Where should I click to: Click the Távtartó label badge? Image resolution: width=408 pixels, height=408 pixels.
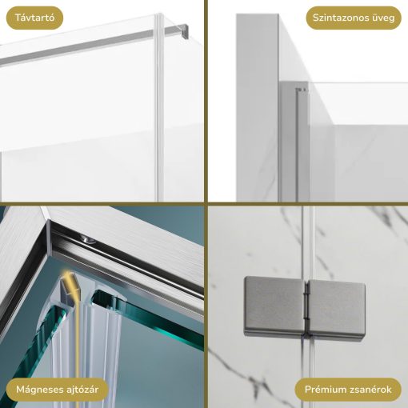coord(34,18)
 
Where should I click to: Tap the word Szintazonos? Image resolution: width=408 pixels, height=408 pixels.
coord(338,18)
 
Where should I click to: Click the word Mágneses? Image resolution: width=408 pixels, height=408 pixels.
coord(37,390)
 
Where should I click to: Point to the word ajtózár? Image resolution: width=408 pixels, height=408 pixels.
coord(80,390)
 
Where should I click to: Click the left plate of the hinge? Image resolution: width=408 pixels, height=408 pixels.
coord(274,306)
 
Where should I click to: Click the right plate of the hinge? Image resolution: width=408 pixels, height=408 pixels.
coord(337,310)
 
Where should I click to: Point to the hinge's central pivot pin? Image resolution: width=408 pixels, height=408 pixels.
coord(307,310)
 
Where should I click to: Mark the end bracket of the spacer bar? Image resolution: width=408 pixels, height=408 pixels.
coord(184,30)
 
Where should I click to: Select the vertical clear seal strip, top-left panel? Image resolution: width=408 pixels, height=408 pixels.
coord(159,106)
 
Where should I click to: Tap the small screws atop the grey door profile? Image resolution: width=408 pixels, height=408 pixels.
coord(302,90)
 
